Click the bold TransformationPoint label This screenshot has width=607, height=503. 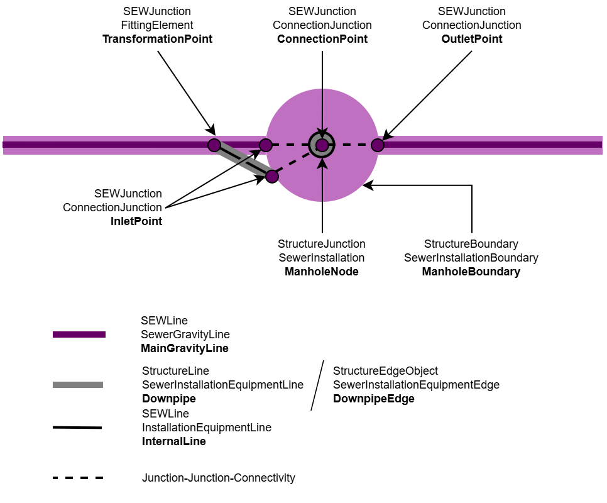point(158,39)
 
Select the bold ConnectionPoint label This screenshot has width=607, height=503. point(322,39)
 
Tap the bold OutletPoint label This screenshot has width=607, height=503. point(471,39)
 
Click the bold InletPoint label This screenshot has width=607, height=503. point(136,221)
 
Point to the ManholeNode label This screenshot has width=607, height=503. point(322,272)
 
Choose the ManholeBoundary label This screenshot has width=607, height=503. point(471,272)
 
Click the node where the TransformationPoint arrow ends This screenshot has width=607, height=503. point(214,145)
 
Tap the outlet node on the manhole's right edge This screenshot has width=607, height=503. point(377,145)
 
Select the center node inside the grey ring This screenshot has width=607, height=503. point(322,145)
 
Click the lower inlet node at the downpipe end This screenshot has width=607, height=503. point(271,176)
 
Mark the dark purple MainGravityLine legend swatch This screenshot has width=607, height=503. point(79,334)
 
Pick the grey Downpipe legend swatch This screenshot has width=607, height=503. point(78,384)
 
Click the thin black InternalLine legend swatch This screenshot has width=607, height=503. point(77,428)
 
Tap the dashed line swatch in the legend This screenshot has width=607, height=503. point(78,478)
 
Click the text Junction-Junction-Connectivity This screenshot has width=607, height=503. point(219,478)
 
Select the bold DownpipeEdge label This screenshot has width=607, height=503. point(374,399)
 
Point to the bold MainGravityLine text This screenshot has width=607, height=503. point(185,348)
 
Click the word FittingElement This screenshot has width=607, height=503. point(157,25)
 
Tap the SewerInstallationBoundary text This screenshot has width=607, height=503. point(471,258)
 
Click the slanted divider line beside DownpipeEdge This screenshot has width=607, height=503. point(317,385)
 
